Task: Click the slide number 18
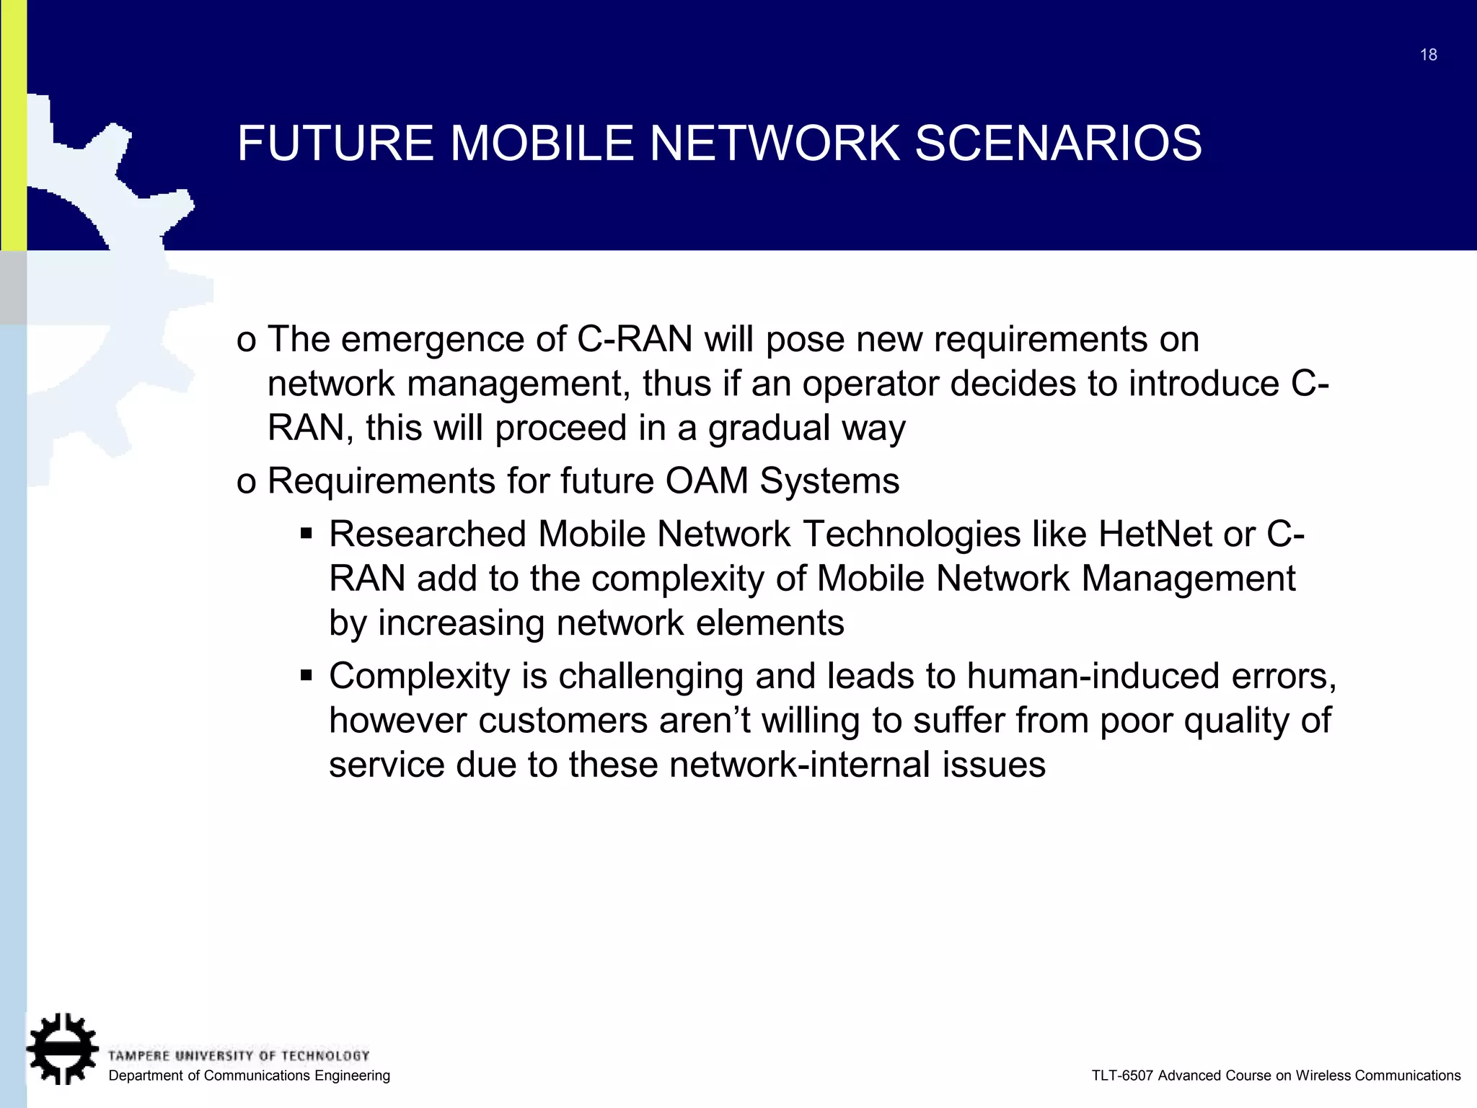(1428, 55)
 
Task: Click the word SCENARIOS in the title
(1058, 143)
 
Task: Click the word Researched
(428, 535)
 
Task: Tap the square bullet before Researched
(307, 535)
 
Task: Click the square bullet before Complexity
(307, 677)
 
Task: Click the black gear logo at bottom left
(62, 1049)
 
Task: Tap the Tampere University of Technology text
(239, 1056)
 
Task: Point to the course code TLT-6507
(1121, 1076)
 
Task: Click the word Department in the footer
(144, 1076)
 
